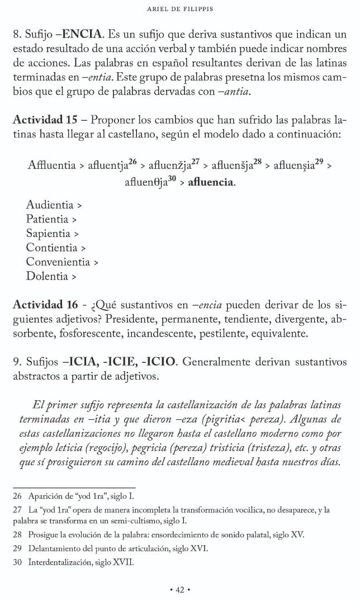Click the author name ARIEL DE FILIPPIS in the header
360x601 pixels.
pyautogui.click(x=179, y=9)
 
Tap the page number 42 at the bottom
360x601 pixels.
pyautogui.click(x=180, y=589)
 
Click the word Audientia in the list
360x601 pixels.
pyautogui.click(x=50, y=205)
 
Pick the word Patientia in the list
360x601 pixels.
pyautogui.click(x=47, y=219)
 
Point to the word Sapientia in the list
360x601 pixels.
pyautogui.click(x=48, y=233)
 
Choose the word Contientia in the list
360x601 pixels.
pyautogui.click(x=51, y=247)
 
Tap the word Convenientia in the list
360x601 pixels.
pyautogui.click(x=58, y=262)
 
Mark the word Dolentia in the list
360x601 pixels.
pyautogui.click(x=47, y=276)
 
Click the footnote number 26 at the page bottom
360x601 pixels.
pyautogui.click(x=17, y=495)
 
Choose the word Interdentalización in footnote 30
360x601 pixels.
pyautogui.click(x=60, y=561)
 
